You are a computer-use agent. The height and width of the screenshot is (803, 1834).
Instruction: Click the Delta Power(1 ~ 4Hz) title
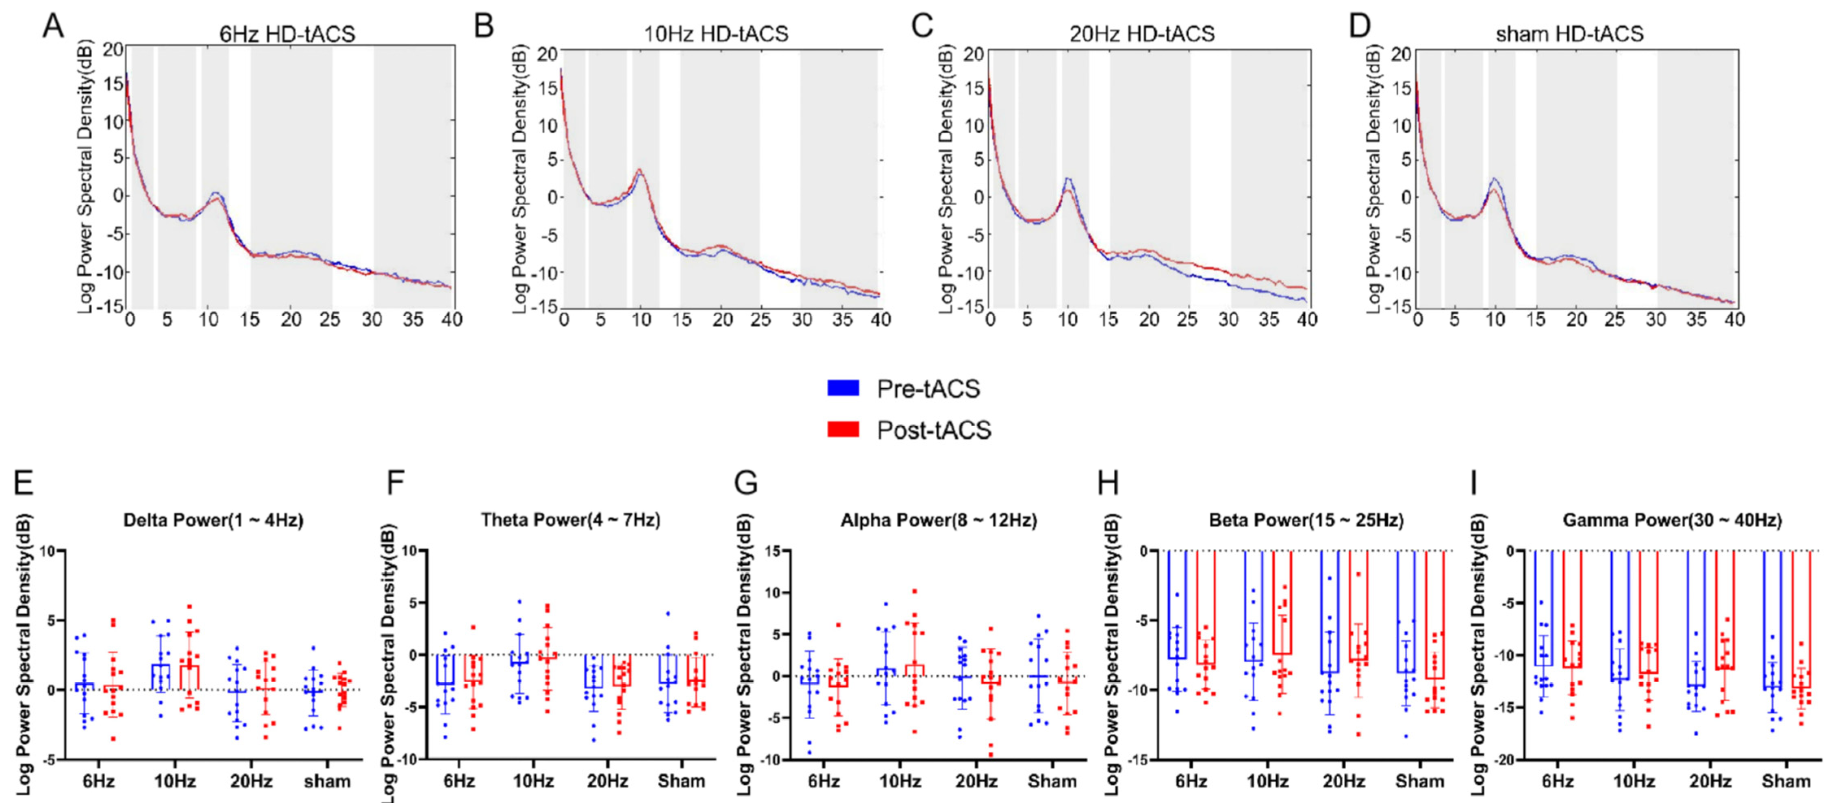coord(213,520)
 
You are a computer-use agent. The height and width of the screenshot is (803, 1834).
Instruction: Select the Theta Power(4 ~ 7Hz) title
coord(570,520)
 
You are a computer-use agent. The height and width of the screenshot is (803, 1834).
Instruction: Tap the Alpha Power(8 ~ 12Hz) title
coord(939,520)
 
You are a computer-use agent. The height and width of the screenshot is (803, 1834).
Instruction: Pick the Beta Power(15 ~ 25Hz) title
coord(1306,520)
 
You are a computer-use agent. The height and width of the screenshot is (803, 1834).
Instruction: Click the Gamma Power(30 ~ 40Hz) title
coord(1672,520)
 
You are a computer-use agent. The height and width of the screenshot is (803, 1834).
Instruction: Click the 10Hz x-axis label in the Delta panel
coord(174,781)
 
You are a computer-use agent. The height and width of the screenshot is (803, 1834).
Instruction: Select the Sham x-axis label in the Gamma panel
coord(1786,781)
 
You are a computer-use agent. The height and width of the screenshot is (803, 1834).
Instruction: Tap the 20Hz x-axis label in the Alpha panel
coord(976,781)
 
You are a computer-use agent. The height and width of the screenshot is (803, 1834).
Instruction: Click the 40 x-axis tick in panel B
coord(881,320)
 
